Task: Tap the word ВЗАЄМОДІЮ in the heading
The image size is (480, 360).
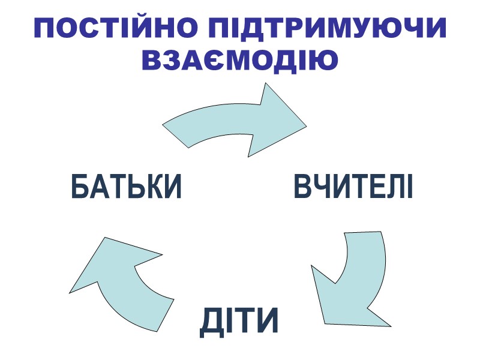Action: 240,60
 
